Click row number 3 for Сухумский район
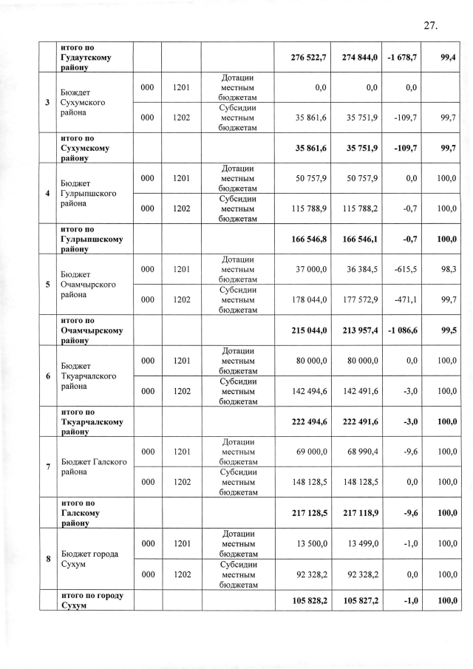[48, 103]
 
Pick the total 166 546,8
[308, 240]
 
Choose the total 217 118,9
[360, 512]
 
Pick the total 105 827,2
[360, 600]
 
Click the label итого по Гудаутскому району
[86, 57]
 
